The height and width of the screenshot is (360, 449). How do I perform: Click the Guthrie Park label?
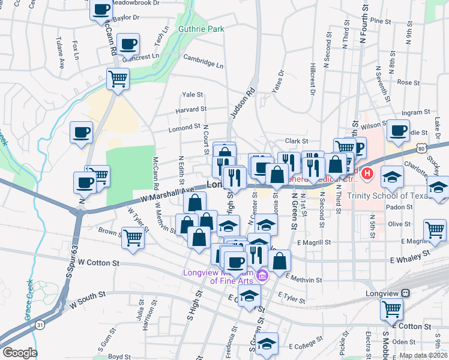coord(200,28)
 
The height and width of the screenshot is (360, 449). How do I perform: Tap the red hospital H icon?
coord(367,175)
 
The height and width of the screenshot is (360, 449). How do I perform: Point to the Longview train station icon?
coord(406,293)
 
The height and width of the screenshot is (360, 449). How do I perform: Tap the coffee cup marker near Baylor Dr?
coord(101,10)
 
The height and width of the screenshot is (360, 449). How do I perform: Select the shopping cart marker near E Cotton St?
coord(392,309)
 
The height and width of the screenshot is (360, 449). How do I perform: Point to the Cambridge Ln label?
coord(203,61)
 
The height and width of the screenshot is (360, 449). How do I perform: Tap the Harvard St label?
coord(191,110)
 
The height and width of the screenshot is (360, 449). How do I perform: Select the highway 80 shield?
coord(422,147)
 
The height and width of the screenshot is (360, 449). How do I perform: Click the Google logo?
coord(20,353)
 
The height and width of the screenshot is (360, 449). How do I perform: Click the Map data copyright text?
coord(423,355)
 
